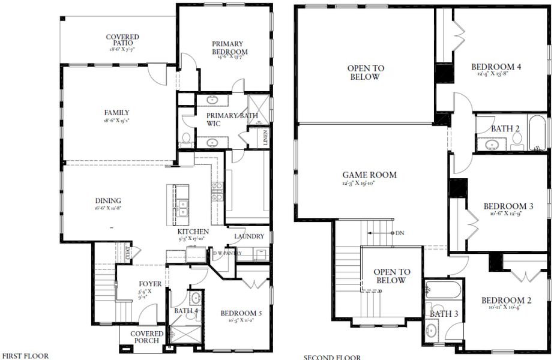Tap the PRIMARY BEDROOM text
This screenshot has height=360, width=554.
point(227,48)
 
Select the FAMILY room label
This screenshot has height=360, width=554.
point(116,113)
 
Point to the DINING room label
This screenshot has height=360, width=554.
point(107,201)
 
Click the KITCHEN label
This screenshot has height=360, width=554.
point(193,232)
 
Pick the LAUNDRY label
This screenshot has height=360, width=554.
point(248,236)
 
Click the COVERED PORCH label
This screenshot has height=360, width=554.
point(146,337)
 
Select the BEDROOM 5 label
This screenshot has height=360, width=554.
point(241,313)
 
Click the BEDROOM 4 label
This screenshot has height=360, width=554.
point(495,67)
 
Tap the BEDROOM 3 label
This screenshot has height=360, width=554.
point(508,206)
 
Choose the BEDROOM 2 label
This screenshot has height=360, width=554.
point(505,301)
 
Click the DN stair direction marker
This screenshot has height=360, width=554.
point(399,233)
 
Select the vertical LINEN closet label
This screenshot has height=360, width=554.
point(265,137)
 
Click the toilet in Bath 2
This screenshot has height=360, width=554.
point(517,140)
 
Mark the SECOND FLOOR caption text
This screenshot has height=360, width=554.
point(332,358)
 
